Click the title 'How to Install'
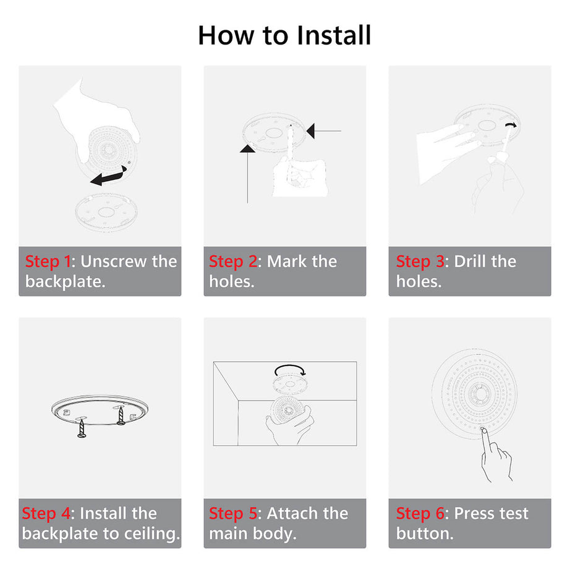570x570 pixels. click(284, 35)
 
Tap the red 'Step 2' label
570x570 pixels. click(232, 262)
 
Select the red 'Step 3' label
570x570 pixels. click(420, 262)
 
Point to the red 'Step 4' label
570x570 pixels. click(46, 514)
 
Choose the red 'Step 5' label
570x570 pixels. click(232, 514)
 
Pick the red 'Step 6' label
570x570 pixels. click(420, 514)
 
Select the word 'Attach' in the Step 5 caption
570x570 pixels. click(289, 514)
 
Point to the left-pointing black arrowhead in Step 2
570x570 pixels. click(311, 130)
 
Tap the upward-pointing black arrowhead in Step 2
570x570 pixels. click(247, 148)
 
